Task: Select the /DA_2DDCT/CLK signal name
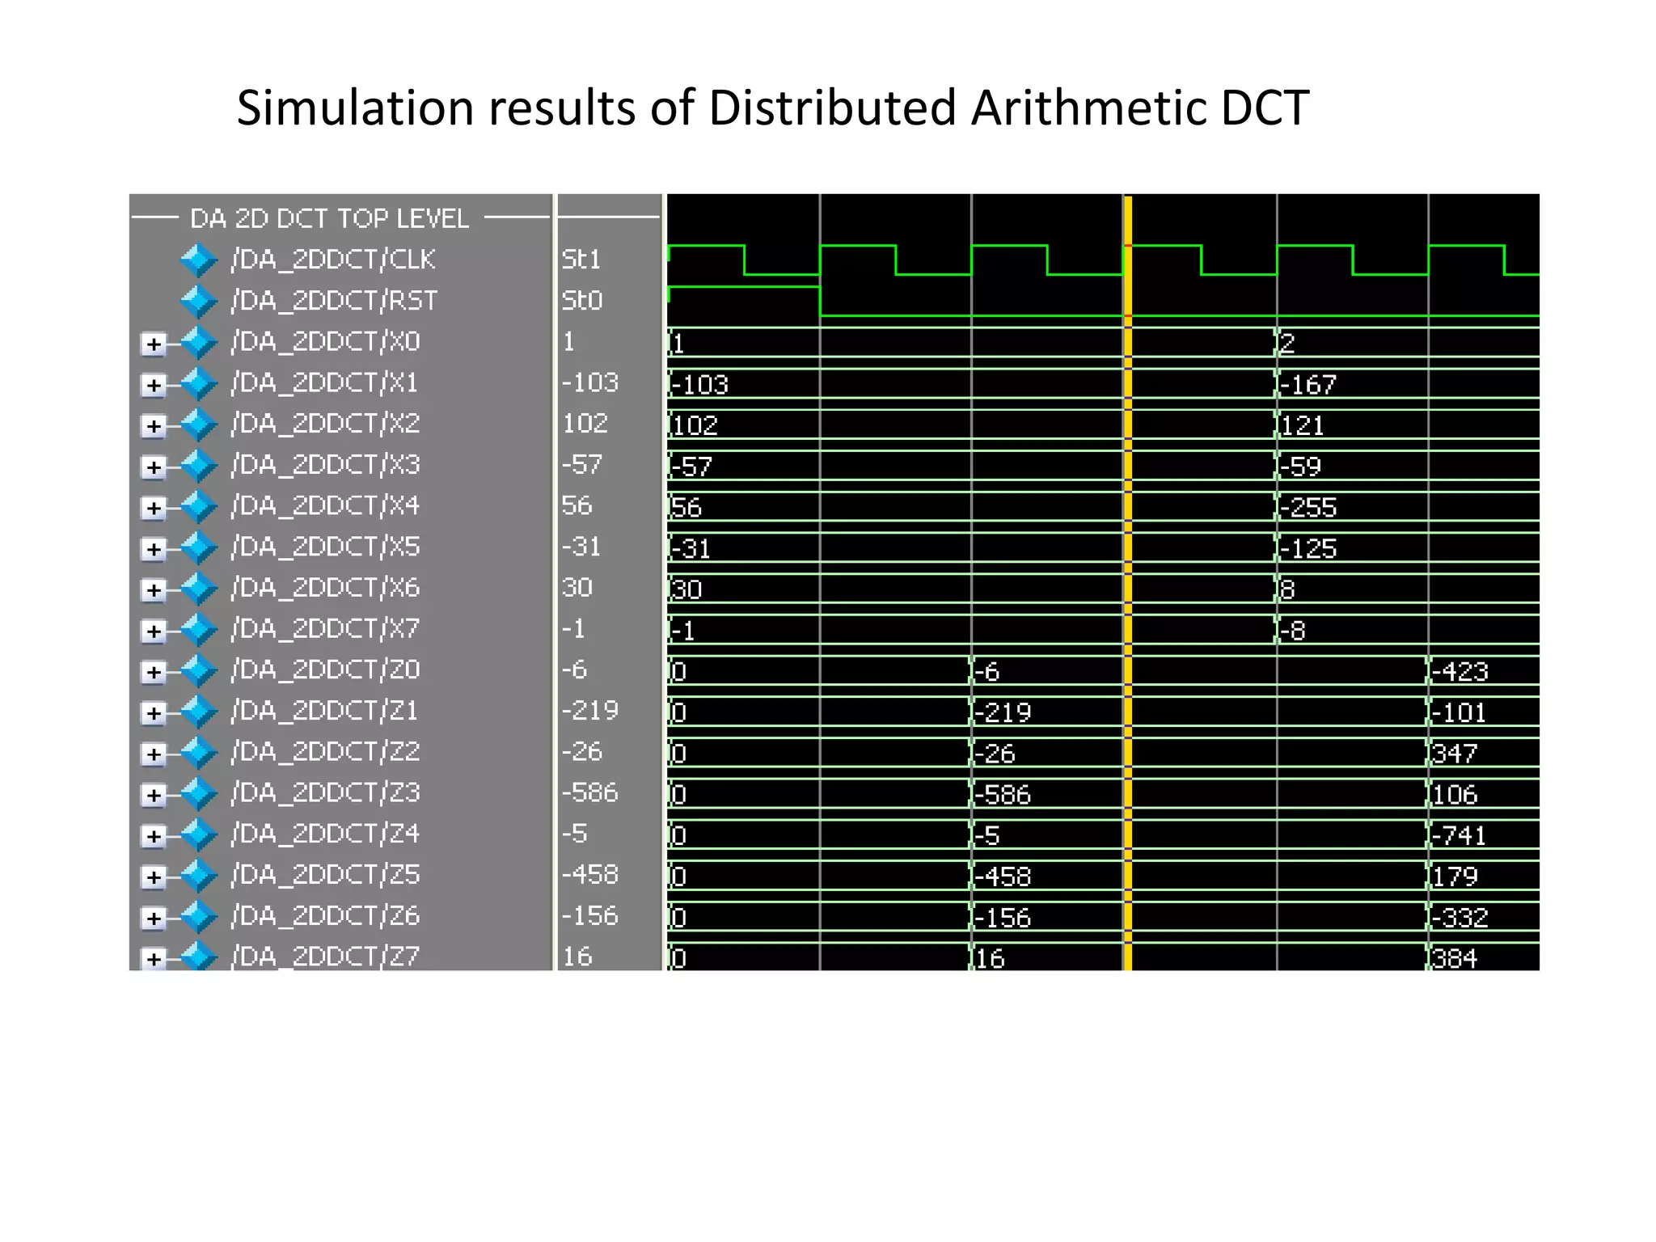coord(332,260)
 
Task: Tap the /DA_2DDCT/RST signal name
coord(334,301)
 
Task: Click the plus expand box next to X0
coord(153,344)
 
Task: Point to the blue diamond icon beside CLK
coord(198,260)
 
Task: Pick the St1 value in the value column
coord(581,260)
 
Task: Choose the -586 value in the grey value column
coord(589,792)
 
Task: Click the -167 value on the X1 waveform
coord(1307,385)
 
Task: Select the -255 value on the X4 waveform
coord(1308,508)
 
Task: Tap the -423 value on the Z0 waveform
coord(1460,672)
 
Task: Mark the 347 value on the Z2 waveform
coord(1455,754)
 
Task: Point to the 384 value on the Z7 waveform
coord(1455,958)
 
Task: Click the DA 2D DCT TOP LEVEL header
coord(329,218)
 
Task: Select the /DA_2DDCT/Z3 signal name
coord(325,792)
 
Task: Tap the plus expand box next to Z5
coord(153,877)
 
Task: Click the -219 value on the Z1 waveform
coord(1003,712)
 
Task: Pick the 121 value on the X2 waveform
coord(1303,425)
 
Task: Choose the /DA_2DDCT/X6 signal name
coord(325,588)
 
